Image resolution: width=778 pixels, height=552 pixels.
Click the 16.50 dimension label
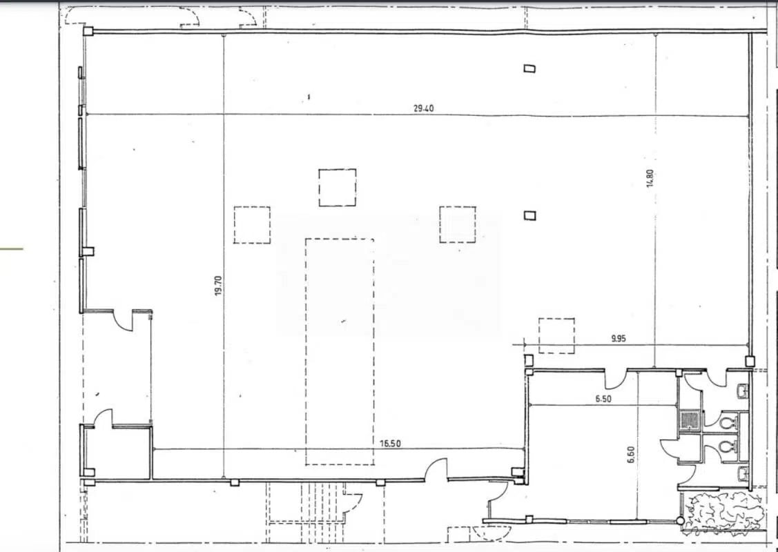(391, 444)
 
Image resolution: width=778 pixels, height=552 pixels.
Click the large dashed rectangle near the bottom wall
(340, 351)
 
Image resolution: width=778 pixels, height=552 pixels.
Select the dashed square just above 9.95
(556, 335)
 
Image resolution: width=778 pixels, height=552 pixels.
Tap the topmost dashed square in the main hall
(338, 187)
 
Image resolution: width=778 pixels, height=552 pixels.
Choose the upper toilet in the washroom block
(728, 420)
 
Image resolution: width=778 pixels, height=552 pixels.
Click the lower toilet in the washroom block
(726, 448)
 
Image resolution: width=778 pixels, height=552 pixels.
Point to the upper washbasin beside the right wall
(743, 392)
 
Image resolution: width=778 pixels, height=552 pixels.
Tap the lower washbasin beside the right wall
(743, 473)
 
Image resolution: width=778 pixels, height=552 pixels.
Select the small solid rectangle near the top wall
(529, 68)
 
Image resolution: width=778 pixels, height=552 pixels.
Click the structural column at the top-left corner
(88, 31)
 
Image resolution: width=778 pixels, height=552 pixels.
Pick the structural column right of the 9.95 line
(750, 360)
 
